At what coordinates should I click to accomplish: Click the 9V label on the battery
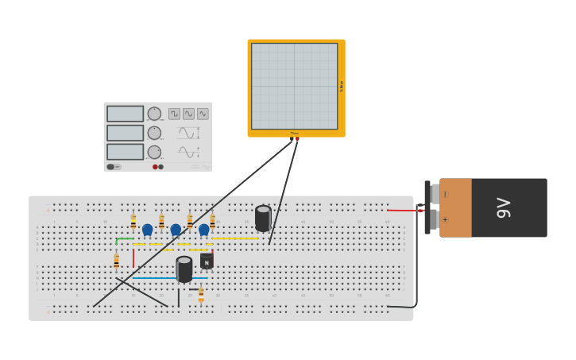504,207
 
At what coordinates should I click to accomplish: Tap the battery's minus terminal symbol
445,194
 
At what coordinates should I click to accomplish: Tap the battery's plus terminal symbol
445,220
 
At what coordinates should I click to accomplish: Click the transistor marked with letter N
207,261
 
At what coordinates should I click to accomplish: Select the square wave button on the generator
174,114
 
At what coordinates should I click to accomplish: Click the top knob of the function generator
154,114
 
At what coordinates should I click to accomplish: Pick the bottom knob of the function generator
154,152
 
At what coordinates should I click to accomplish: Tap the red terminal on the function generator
155,167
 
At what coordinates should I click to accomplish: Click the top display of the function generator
125,114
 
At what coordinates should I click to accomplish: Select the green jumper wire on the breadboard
125,238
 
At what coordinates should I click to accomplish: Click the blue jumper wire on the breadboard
154,278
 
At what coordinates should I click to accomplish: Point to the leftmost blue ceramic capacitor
147,230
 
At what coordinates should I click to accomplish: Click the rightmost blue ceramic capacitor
204,230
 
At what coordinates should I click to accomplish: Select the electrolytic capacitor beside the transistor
184,269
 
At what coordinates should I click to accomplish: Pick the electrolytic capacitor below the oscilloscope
263,218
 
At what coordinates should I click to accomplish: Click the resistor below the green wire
116,260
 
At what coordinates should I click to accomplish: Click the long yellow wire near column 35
235,238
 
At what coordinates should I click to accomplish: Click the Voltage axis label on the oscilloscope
342,86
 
